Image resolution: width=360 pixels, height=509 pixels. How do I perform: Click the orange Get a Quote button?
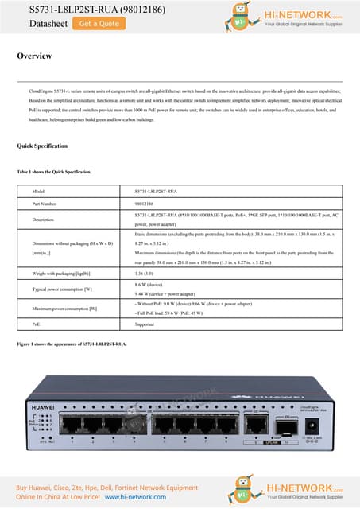point(99,24)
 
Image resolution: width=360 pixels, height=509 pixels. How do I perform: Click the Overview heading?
point(35,56)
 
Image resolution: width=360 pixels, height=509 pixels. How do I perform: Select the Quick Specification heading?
point(42,146)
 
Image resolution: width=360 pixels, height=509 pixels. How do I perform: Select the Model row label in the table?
point(38,192)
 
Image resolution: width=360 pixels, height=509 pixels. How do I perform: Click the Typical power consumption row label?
point(63,289)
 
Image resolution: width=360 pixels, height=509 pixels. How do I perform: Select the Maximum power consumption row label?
point(64,308)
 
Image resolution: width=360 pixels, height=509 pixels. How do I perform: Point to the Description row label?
point(43,219)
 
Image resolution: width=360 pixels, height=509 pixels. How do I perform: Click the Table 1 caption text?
point(54,172)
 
